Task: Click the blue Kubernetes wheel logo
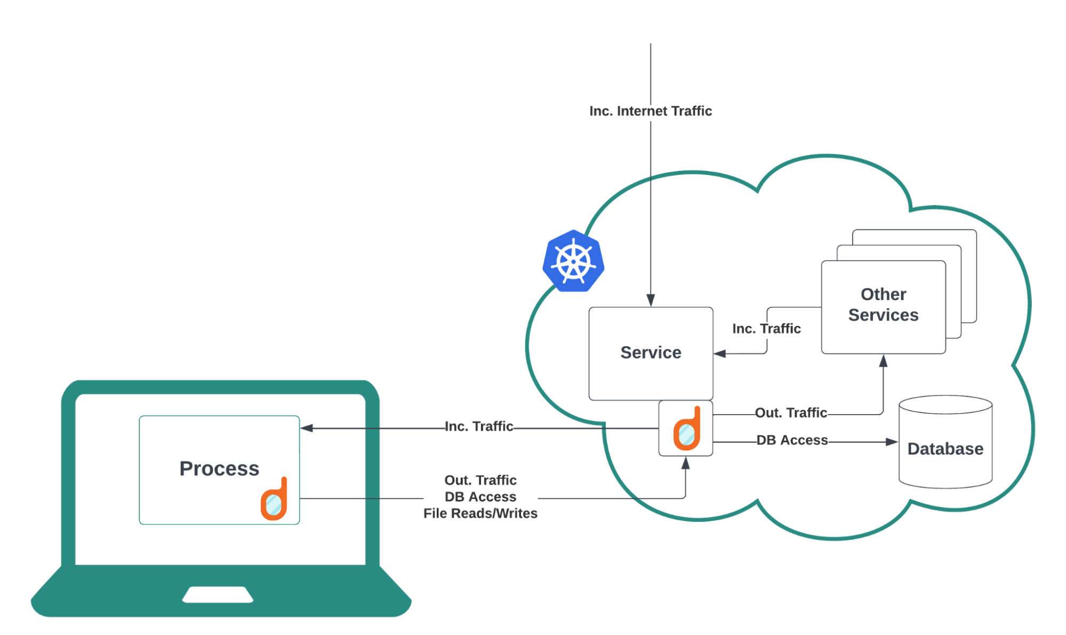[573, 261]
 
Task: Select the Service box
[651, 353]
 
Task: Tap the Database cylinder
[945, 442]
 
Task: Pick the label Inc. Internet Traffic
[650, 111]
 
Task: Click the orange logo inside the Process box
[274, 499]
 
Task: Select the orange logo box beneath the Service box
[686, 428]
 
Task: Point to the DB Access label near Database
[792, 440]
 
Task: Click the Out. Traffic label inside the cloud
[791, 412]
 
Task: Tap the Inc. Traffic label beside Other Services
[766, 329]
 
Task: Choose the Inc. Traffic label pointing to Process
[479, 426]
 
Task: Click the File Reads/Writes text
[480, 513]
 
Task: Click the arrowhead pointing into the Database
[891, 442]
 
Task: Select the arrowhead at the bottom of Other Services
[883, 361]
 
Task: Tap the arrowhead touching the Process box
[307, 428]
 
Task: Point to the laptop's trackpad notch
[218, 594]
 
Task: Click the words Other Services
[883, 305]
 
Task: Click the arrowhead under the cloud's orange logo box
[686, 463]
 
